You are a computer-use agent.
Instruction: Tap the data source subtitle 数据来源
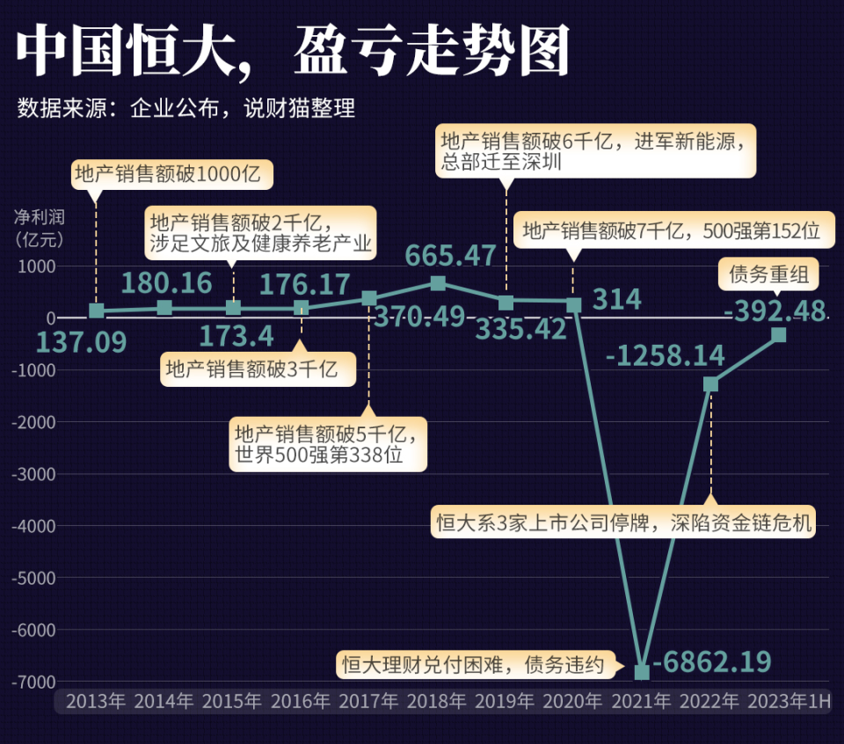point(186,109)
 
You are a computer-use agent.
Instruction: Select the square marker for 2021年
point(642,672)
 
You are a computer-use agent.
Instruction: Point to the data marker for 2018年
point(438,283)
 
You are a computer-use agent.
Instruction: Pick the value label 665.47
point(450,256)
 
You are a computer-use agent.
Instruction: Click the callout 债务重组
point(768,274)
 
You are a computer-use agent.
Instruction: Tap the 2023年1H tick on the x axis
point(788,702)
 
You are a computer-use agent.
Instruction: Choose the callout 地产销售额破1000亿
point(171,174)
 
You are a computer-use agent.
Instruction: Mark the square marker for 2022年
point(710,384)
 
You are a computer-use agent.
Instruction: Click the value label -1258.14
point(665,355)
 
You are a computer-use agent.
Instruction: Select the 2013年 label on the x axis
point(96,702)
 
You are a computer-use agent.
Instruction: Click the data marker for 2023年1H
point(778,334)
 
